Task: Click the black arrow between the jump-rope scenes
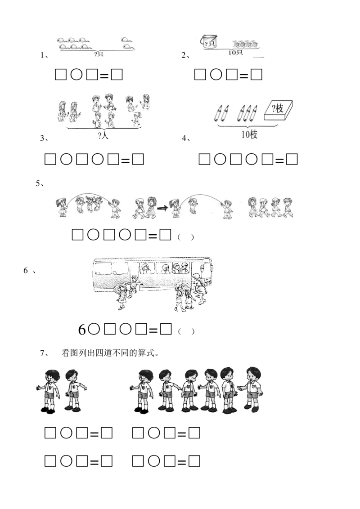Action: tap(162, 208)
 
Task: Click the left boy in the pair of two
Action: tap(51, 389)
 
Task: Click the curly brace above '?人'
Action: tap(104, 129)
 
